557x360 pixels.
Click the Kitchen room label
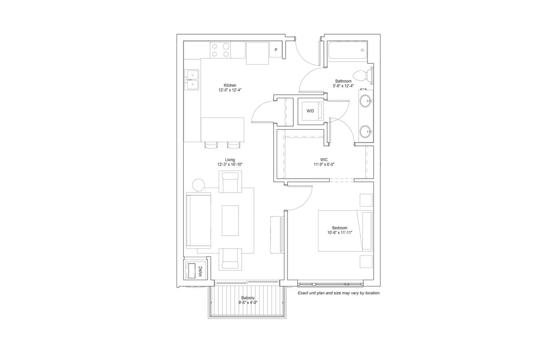[230, 85]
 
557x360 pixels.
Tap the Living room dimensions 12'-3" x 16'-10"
[230, 165]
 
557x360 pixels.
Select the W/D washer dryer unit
[310, 111]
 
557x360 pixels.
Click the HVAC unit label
[200, 271]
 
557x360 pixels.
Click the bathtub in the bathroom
[348, 50]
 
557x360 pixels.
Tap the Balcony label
[248, 298]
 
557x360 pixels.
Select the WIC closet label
[324, 159]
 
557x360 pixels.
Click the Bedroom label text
[340, 228]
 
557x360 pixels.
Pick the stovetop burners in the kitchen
[220, 50]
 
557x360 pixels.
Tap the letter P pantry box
[276, 50]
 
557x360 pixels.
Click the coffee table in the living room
[230, 220]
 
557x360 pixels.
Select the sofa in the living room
[199, 220]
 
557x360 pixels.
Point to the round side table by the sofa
[198, 184]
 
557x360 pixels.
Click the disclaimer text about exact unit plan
[339, 293]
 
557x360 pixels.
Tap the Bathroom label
[343, 81]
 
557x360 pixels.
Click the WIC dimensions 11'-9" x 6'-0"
[324, 165]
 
